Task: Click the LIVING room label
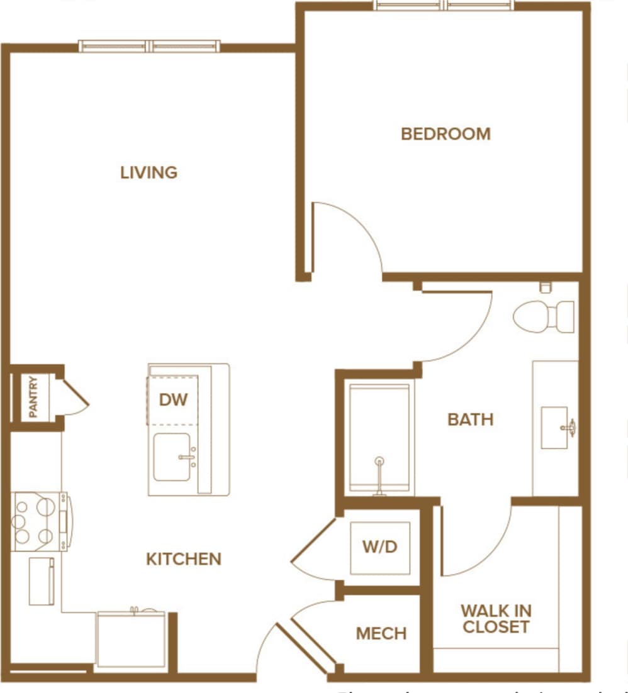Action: [x=149, y=172]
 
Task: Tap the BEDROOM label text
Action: [x=446, y=134]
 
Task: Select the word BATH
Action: [x=470, y=419]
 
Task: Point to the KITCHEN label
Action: [x=184, y=559]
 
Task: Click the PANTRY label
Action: [x=33, y=397]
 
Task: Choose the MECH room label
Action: [x=381, y=633]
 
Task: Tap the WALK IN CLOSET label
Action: [x=496, y=619]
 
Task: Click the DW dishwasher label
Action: [x=173, y=399]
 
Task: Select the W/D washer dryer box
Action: [x=380, y=547]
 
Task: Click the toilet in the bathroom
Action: [x=543, y=316]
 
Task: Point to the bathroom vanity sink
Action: [x=556, y=428]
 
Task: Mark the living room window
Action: [x=150, y=46]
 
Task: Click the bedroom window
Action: [x=444, y=5]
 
